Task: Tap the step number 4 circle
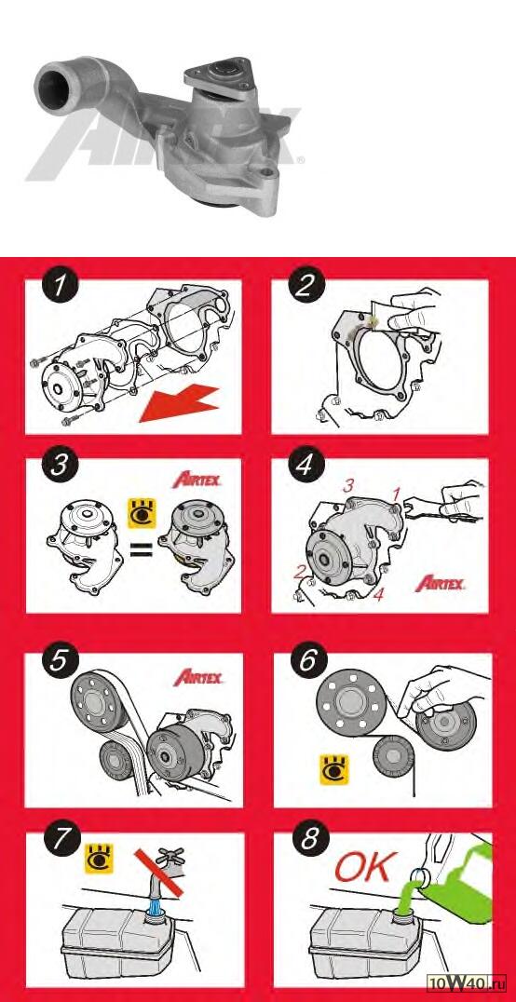coord(308,466)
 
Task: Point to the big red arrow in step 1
coord(180,403)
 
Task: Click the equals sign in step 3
coord(142,548)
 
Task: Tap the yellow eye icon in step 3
coord(142,513)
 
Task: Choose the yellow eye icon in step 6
coord(333,769)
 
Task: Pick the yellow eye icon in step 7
coord(100,858)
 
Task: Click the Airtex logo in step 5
coord(198,677)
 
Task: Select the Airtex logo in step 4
coord(440,583)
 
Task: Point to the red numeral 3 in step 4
coord(347,486)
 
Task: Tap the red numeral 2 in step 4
coord(299,572)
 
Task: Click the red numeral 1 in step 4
coord(396,494)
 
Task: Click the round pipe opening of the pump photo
coord(51,82)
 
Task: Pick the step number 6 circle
coord(309,661)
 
